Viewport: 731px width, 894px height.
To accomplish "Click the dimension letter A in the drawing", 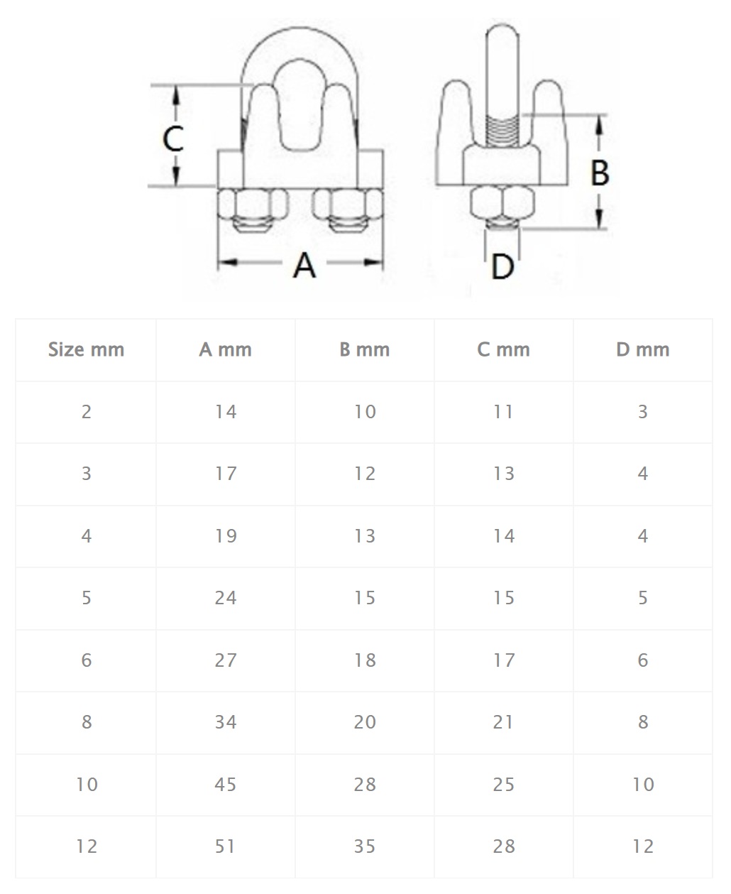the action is click(x=304, y=266).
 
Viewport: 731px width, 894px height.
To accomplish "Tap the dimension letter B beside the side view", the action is click(x=600, y=173).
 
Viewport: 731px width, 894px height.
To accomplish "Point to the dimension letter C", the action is click(x=173, y=138).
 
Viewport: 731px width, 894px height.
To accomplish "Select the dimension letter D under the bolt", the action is click(x=502, y=267).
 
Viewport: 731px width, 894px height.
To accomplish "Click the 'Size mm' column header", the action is click(x=86, y=349).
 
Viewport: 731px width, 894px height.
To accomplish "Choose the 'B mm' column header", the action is click(x=365, y=349).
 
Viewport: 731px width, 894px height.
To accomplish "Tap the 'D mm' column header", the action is click(x=642, y=349).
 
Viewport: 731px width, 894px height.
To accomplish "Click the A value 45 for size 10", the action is click(x=226, y=784).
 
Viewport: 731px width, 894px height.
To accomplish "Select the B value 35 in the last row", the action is click(x=365, y=846).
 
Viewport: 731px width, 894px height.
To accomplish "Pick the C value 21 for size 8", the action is click(x=503, y=722).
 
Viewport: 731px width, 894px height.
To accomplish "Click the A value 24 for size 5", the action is click(x=226, y=598).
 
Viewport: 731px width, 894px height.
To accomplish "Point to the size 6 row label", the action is click(x=87, y=660).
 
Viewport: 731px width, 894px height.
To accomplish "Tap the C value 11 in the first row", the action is click(x=503, y=412).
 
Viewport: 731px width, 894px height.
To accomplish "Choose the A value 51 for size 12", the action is click(x=225, y=846).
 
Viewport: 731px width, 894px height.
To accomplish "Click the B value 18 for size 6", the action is click(x=365, y=660).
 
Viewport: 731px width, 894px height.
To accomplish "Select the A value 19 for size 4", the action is click(x=226, y=536).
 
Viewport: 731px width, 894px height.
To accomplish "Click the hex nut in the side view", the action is click(x=502, y=202).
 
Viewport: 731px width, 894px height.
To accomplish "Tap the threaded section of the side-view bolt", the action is click(x=502, y=131).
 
